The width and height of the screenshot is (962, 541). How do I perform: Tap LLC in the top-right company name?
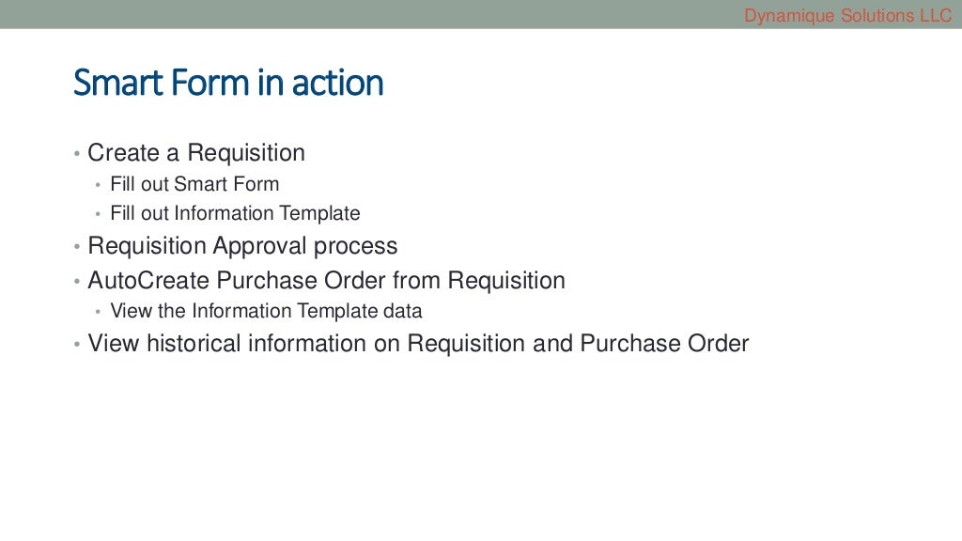935,15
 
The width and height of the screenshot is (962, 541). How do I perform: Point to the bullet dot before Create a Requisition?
77,153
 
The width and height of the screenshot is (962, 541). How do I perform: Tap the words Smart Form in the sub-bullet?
226,184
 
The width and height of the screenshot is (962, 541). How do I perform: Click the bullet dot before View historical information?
77,345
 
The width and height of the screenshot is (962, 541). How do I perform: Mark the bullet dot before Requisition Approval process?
77,247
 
